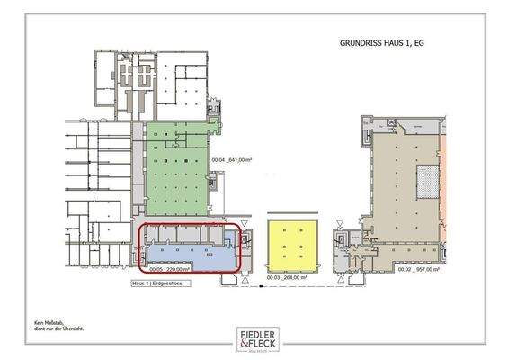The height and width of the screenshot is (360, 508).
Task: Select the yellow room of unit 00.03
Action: pyautogui.click(x=292, y=245)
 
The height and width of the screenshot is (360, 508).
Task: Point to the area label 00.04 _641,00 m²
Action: pyautogui.click(x=231, y=160)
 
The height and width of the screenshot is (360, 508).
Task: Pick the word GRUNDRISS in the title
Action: pyautogui.click(x=360, y=41)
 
